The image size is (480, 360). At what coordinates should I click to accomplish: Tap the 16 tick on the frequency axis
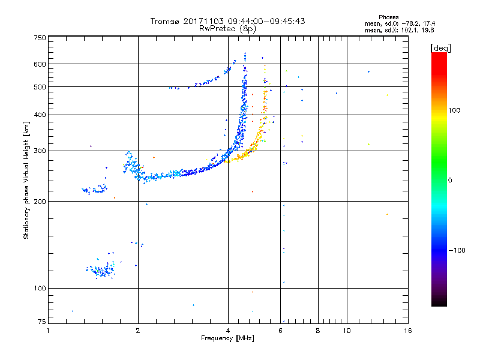408,331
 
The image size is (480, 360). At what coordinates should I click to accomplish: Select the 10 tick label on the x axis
346,331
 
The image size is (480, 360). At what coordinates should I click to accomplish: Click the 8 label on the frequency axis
318,331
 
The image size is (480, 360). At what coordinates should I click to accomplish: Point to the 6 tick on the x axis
280,331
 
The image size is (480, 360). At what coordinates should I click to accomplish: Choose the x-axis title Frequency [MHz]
227,339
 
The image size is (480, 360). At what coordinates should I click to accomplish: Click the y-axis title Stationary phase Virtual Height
26,180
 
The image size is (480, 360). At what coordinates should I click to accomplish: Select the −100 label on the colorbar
459,250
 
